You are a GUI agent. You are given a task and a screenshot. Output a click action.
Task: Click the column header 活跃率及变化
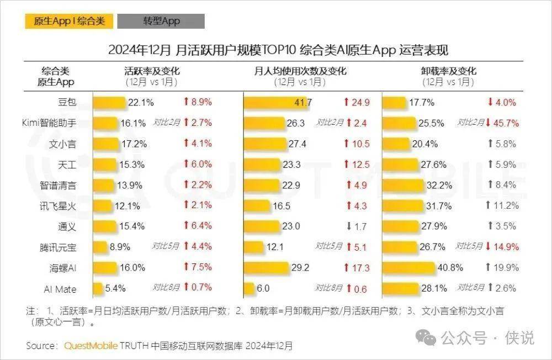tap(152, 71)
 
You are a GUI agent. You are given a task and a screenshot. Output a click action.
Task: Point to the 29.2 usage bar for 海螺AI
tap(266, 268)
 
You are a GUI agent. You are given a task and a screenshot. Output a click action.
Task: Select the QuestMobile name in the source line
tap(91, 346)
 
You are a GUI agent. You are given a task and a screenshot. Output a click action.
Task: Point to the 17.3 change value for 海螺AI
tap(360, 268)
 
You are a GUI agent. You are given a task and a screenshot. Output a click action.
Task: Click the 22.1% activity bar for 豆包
tap(109, 102)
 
